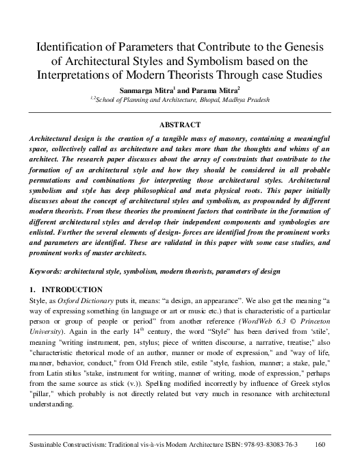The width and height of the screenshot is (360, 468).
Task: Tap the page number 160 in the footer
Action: [318, 445]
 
